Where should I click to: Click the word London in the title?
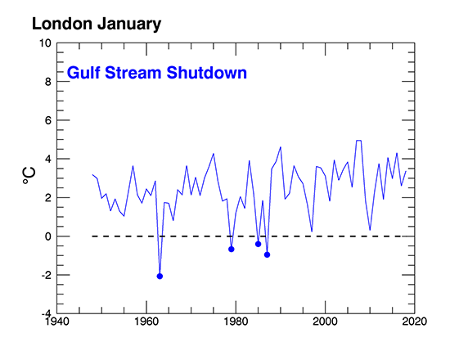click(62, 24)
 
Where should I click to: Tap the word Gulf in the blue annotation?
click(83, 72)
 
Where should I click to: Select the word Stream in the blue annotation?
click(133, 72)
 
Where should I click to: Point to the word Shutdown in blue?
click(207, 72)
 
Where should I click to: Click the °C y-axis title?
click(29, 175)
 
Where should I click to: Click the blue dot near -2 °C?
click(160, 277)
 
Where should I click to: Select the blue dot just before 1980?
click(232, 250)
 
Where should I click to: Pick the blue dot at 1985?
click(258, 244)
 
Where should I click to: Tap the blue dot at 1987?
click(268, 254)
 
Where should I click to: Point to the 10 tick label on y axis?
click(45, 43)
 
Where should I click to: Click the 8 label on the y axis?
click(48, 82)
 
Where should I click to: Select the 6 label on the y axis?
click(48, 120)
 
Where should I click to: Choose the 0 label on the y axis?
click(48, 236)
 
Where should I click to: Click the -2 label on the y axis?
click(46, 275)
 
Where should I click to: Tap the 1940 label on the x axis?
click(57, 321)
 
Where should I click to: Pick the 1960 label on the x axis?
click(146, 321)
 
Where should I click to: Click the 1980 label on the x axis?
click(236, 321)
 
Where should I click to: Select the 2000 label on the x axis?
click(326, 321)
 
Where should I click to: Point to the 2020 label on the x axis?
click(415, 321)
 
